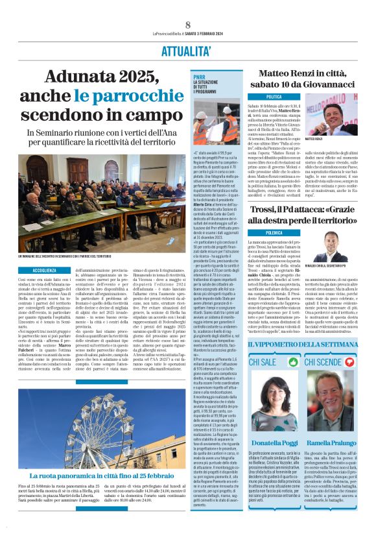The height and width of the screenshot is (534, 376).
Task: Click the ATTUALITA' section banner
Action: [187, 50]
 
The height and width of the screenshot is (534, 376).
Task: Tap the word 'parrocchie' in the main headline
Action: [128, 97]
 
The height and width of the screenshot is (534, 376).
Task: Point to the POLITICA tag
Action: [256, 97]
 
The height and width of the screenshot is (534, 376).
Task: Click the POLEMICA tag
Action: [256, 232]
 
